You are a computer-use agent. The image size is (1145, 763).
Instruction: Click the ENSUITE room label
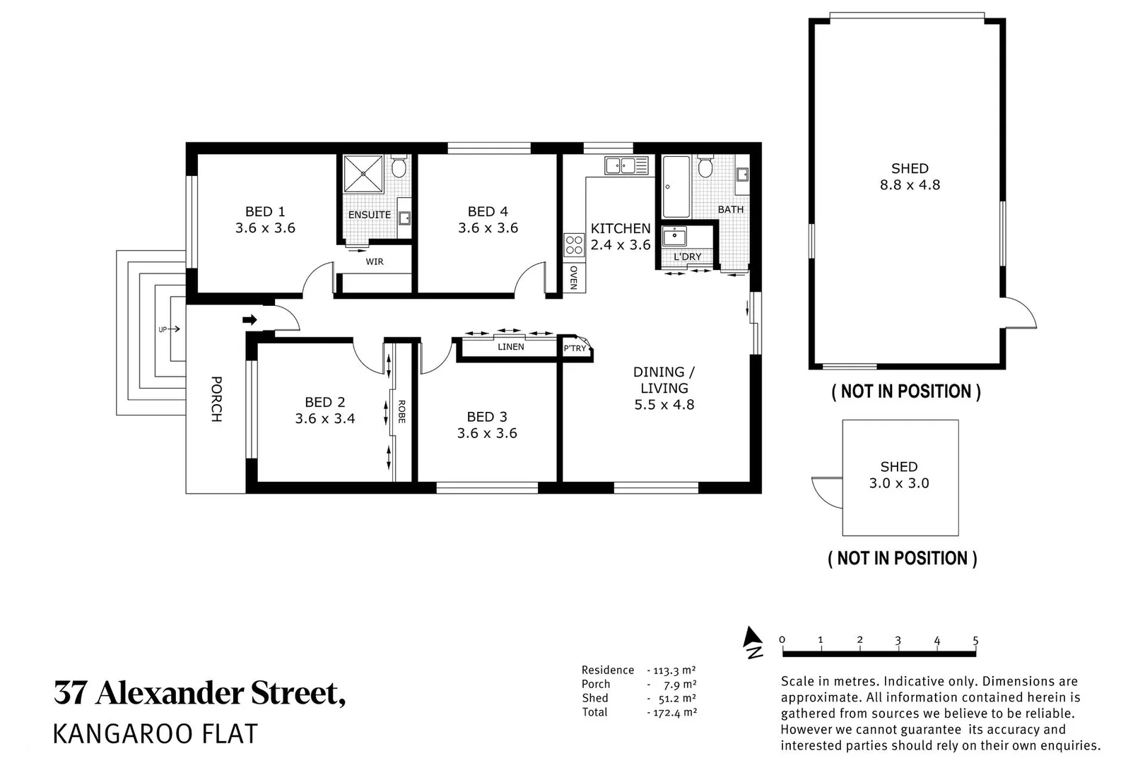[369, 215]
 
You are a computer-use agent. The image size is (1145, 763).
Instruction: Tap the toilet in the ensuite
[399, 165]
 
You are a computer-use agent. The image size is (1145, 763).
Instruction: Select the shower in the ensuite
[363, 174]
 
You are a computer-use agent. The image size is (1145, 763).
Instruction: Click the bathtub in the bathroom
[676, 187]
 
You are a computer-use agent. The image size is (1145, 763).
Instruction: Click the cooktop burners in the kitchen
[574, 244]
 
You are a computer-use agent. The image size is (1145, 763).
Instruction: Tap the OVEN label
[573, 278]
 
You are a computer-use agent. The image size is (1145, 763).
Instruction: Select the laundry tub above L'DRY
[674, 237]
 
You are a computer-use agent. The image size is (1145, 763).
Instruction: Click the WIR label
[374, 261]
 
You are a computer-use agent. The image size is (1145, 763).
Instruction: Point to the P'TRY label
[575, 348]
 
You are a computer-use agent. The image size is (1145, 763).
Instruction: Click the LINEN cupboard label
[510, 346]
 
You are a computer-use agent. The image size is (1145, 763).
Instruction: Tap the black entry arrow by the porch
[249, 320]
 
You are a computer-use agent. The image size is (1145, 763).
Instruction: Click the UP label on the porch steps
[163, 330]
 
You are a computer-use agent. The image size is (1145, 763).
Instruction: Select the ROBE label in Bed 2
[401, 412]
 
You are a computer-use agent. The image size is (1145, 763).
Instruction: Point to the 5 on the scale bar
[975, 640]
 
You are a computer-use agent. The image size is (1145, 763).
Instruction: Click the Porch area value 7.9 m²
[680, 685]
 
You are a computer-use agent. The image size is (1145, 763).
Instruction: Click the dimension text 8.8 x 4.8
[910, 184]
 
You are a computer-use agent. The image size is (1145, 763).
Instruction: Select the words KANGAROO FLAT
[155, 734]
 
